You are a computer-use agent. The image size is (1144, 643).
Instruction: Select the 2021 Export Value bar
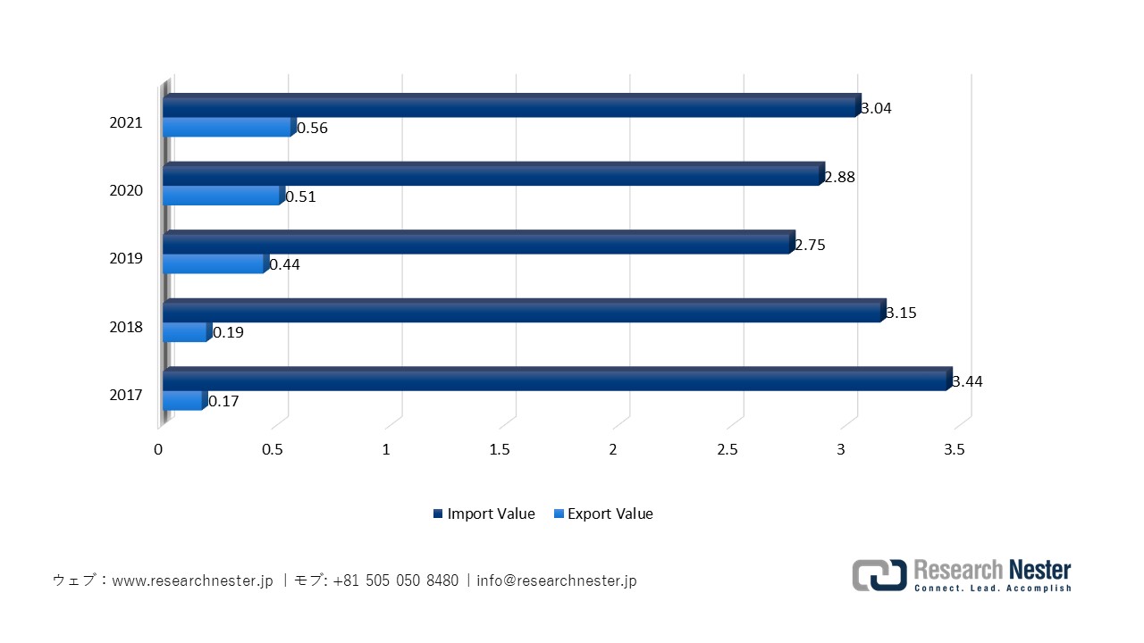point(227,128)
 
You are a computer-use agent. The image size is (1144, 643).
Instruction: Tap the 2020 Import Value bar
point(492,175)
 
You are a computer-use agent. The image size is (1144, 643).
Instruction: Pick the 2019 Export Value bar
point(214,264)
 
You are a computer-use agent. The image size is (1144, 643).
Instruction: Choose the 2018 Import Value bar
point(523,312)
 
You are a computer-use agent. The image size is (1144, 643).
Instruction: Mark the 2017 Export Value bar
point(183,401)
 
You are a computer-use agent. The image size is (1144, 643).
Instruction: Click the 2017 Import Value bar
point(554,380)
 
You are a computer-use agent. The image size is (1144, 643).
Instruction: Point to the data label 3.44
point(967,381)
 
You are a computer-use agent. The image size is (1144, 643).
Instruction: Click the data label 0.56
point(312,129)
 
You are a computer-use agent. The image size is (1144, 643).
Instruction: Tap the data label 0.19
point(228,333)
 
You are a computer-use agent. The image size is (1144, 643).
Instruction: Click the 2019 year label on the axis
point(126,259)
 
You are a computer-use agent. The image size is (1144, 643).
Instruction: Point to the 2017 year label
point(126,395)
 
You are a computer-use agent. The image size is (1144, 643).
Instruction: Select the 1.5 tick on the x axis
point(500,450)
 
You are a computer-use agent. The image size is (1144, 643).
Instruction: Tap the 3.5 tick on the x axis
point(955,450)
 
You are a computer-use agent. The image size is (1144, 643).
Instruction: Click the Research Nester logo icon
point(879,575)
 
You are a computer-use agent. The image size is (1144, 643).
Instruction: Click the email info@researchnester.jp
point(557,580)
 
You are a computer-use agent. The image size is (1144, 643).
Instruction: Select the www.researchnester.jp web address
point(192,580)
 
